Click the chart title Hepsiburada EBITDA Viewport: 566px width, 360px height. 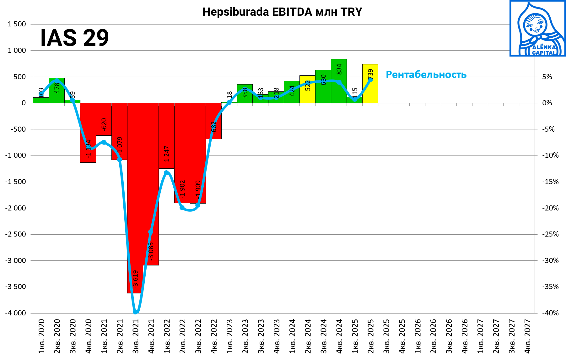[282, 12]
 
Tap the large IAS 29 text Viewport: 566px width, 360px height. [75, 38]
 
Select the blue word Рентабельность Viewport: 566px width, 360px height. [426, 75]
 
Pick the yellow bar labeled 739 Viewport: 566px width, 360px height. [370, 91]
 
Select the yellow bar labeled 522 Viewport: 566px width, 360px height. [307, 94]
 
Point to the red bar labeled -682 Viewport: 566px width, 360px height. [214, 126]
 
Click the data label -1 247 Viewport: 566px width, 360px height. [167, 155]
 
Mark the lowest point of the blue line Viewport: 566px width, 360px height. [135, 312]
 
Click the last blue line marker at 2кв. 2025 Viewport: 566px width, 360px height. [370, 80]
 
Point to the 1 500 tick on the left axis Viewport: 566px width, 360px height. [17, 24]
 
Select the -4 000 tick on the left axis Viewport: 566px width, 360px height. [16, 313]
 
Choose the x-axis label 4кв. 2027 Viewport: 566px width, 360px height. [528, 336]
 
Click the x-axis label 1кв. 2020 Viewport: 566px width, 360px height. [41, 336]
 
